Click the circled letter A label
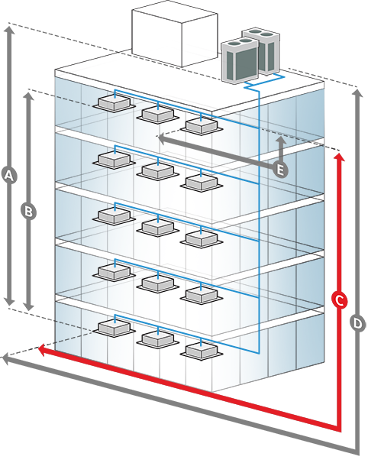[9, 176]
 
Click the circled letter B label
[28, 212]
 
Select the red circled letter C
[340, 301]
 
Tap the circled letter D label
[357, 323]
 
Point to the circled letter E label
[280, 170]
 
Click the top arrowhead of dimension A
[9, 30]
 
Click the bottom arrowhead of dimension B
[28, 306]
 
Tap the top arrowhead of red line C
[340, 157]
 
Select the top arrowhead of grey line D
[357, 93]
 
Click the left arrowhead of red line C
[42, 350]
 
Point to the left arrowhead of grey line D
[6, 359]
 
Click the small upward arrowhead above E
[282, 140]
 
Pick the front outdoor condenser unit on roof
[240, 60]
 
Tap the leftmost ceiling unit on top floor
[115, 103]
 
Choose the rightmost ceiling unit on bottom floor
[202, 350]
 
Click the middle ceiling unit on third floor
[158, 227]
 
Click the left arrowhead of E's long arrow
[161, 138]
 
